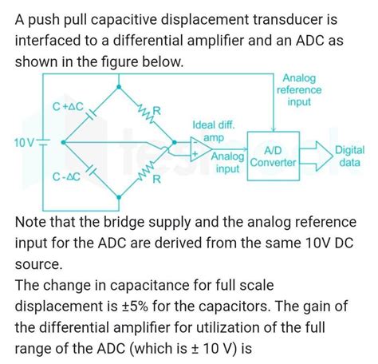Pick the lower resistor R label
click(x=156, y=180)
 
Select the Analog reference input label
click(x=299, y=89)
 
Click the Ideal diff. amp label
click(x=214, y=131)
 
